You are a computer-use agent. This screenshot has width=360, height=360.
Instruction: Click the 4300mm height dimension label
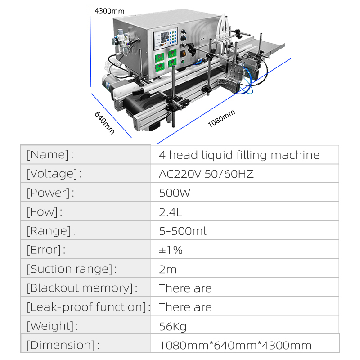(x=109, y=11)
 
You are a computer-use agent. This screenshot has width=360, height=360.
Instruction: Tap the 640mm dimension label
(x=104, y=123)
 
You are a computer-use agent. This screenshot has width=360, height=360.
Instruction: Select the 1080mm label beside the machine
(x=221, y=118)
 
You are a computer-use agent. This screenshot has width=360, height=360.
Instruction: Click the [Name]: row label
(x=50, y=154)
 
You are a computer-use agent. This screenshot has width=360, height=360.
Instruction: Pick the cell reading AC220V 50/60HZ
(x=206, y=174)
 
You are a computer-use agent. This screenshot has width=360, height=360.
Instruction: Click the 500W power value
(x=175, y=193)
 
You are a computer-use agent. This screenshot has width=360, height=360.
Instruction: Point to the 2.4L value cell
(x=171, y=212)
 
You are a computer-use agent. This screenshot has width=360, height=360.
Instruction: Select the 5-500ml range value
(x=183, y=231)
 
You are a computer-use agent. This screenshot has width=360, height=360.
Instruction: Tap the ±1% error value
(x=171, y=250)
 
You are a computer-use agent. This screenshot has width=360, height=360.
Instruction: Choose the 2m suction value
(x=168, y=269)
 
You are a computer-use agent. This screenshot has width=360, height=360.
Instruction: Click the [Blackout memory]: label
(x=82, y=288)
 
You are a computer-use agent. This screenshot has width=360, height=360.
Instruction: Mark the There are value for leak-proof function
(x=185, y=307)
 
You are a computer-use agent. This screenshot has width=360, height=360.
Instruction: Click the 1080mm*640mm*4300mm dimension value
(x=235, y=345)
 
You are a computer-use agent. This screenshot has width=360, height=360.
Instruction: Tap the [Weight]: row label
(x=52, y=326)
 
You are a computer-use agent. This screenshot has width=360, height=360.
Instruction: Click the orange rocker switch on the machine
(x=183, y=54)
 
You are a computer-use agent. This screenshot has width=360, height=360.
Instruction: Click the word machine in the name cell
(x=295, y=155)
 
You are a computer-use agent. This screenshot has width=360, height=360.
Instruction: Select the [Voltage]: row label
(x=54, y=174)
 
